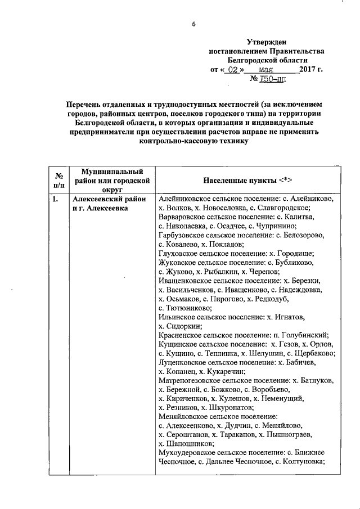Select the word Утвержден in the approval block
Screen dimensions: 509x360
click(267, 42)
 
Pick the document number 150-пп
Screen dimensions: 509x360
click(273, 80)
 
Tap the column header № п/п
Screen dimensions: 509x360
click(58, 180)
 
